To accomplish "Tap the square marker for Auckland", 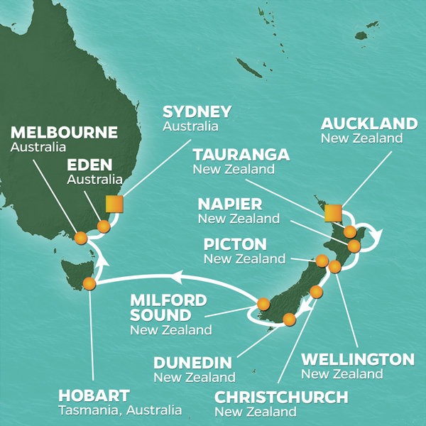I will coord(333,212).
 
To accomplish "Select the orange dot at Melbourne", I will coord(80,239).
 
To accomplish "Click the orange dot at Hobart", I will coord(89,284).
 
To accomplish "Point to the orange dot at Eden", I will coord(104,226).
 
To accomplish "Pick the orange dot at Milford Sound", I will coord(263,304).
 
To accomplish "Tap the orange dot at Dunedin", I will coord(289,319).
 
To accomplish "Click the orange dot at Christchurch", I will coord(317,292).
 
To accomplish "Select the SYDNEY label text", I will coord(197,112).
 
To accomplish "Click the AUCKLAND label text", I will coord(369,124).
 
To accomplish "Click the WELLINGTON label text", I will coord(358,359).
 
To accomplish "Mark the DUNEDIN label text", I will coord(192,363).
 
